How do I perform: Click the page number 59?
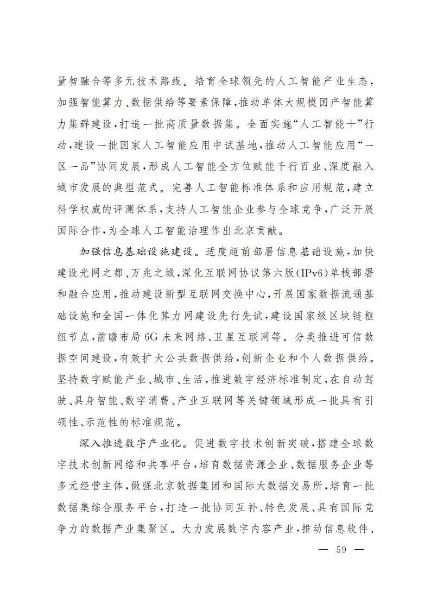pos(341,549)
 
